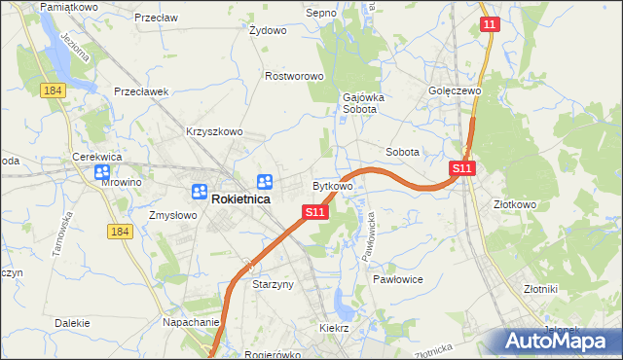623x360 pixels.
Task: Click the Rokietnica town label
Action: point(242,199)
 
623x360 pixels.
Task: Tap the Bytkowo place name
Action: point(332,185)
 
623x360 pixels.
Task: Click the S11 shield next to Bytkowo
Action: point(313,211)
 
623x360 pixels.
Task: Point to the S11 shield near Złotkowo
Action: point(462,168)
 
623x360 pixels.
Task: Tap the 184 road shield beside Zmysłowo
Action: point(120,231)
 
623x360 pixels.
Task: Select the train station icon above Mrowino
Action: point(102,172)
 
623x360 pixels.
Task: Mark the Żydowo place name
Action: point(268,30)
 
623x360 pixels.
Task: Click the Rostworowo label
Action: point(294,75)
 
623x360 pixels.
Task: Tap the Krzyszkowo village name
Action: point(214,131)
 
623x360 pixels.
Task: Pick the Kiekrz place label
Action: point(334,328)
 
